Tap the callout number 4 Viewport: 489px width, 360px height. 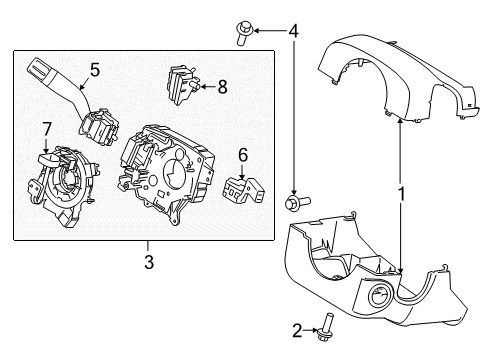(x=293, y=30)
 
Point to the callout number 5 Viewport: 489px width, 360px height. (x=95, y=70)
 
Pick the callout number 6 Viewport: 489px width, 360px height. (x=241, y=154)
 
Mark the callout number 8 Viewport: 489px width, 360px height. (x=222, y=87)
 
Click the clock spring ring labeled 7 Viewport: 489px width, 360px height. (x=62, y=179)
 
